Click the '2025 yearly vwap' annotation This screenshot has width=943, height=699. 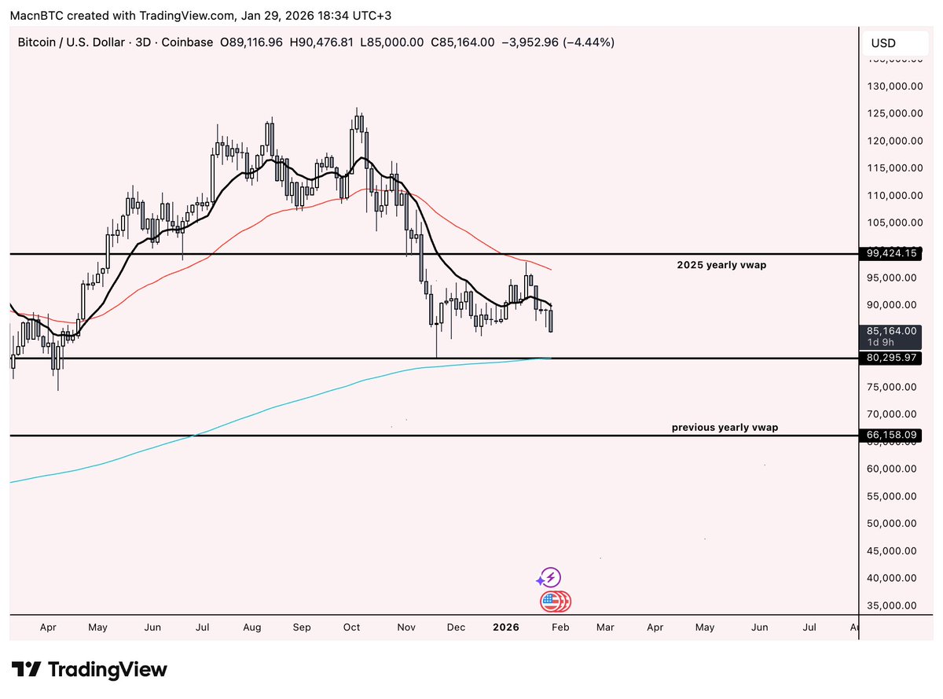(721, 266)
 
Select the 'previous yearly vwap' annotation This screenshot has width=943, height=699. (725, 428)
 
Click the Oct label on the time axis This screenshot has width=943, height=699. (351, 627)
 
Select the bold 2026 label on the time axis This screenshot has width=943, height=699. (505, 627)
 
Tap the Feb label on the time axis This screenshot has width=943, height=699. (560, 627)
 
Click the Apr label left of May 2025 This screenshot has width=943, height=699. (48, 627)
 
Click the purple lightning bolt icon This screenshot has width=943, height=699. (549, 578)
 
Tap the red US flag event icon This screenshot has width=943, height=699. (551, 602)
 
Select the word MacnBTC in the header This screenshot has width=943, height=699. (35, 14)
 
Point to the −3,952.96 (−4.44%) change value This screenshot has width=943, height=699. (559, 42)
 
